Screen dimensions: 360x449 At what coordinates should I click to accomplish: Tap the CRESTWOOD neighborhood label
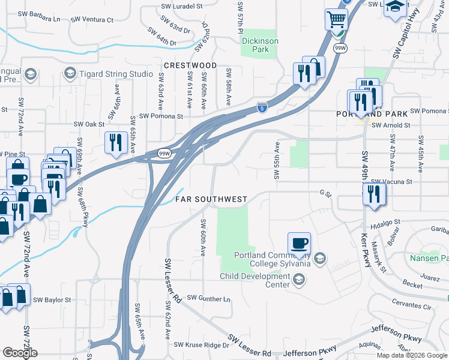(190, 65)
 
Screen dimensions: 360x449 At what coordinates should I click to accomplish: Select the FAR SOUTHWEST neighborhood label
(211, 199)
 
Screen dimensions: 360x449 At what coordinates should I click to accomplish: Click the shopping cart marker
(336, 19)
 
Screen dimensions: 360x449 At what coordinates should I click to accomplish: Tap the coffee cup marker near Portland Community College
(299, 244)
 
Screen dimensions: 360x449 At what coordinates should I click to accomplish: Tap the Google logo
(20, 353)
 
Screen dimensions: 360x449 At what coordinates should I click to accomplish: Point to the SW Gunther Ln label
(208, 298)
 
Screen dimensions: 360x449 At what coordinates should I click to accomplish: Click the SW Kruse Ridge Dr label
(202, 345)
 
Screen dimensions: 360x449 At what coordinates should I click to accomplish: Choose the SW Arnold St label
(391, 125)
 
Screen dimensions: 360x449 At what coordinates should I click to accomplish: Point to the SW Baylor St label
(52, 299)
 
